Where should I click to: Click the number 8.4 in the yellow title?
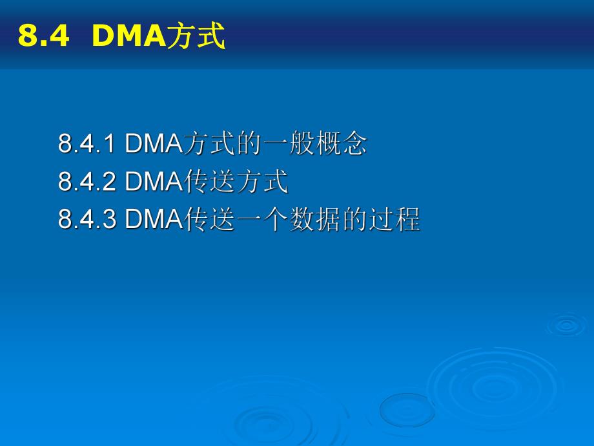(43, 36)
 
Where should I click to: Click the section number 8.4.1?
(87, 143)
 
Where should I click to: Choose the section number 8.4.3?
(87, 220)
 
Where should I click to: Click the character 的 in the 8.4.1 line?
(249, 143)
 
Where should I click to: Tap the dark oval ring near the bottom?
(407, 409)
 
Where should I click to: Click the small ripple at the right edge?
(568, 324)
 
